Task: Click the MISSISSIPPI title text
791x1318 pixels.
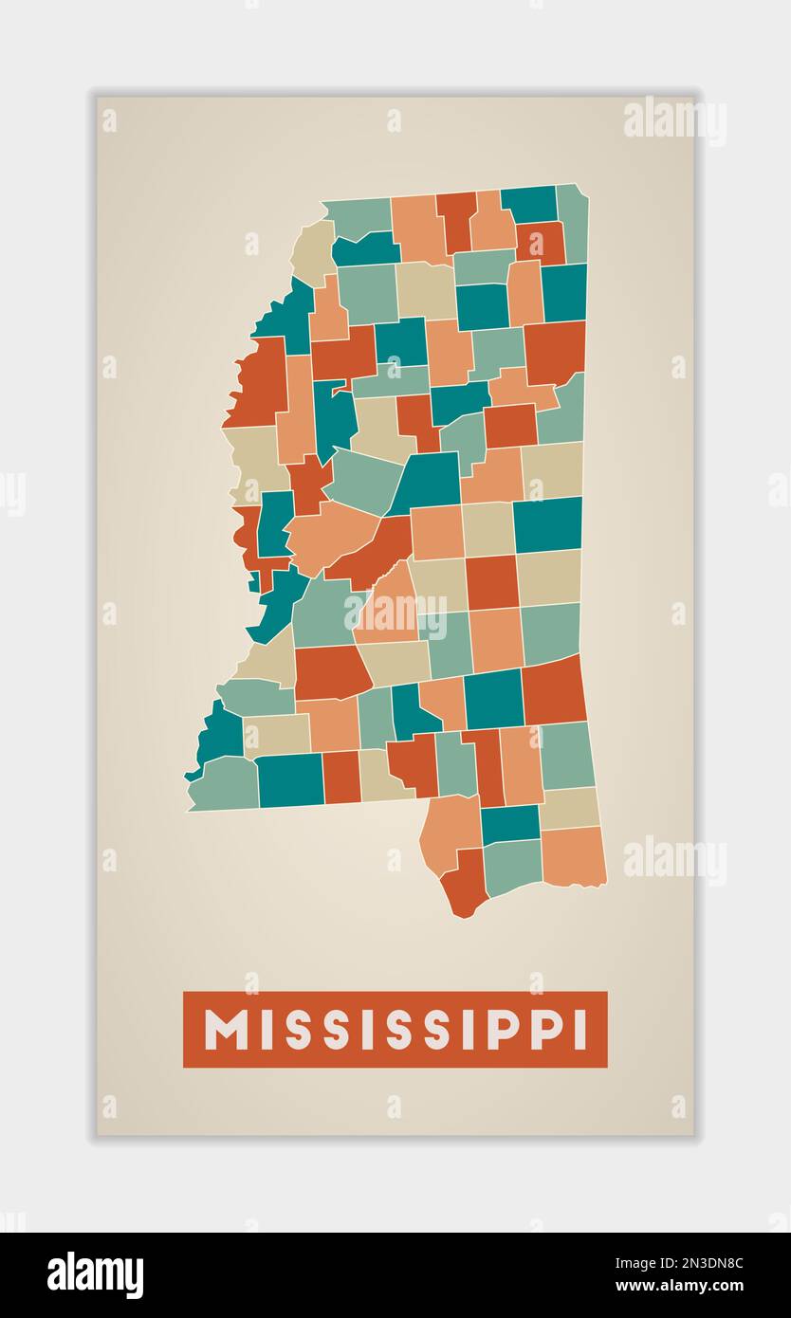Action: point(395,1029)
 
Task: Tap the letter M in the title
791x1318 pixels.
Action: point(226,1030)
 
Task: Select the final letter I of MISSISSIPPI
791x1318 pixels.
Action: point(578,1030)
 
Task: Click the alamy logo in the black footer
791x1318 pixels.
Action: point(95,1274)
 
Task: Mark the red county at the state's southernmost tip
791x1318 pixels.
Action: point(465,884)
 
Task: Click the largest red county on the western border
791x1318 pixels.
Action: point(258,384)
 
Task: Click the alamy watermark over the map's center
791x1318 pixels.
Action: point(395,614)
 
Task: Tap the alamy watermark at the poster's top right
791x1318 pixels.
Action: point(674,121)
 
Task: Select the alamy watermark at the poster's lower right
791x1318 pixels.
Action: point(674,860)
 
